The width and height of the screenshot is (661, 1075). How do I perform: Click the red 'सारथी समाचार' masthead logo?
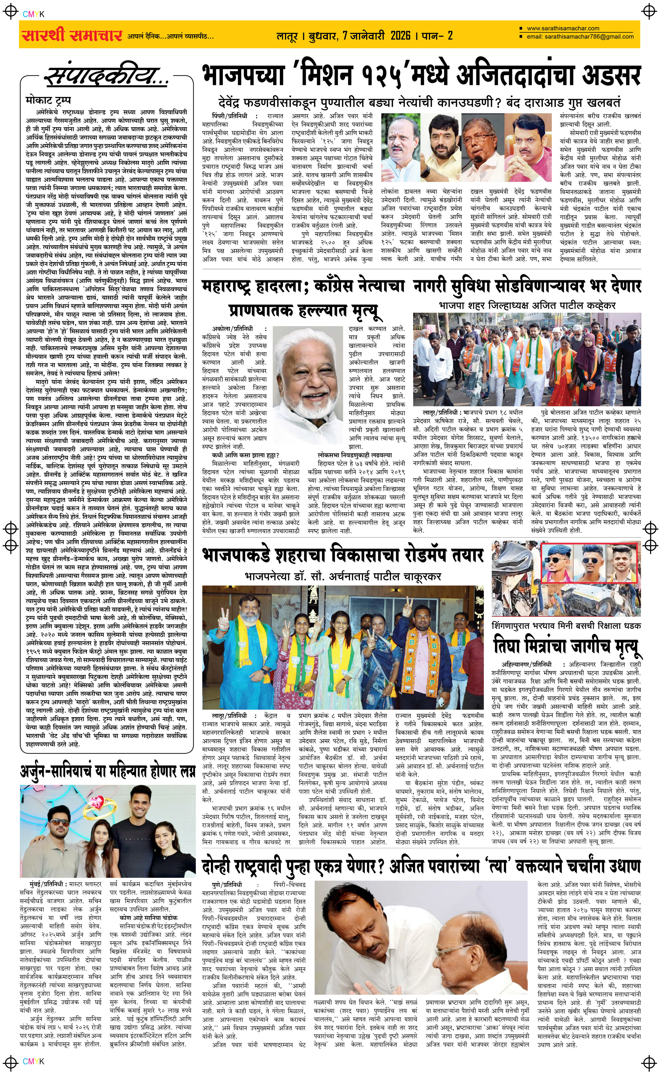[72, 35]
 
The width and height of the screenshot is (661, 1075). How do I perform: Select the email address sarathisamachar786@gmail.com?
[580, 36]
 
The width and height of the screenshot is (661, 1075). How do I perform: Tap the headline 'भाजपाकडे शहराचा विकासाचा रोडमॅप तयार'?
[342, 555]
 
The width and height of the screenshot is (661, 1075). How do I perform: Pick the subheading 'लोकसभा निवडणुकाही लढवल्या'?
[355, 455]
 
